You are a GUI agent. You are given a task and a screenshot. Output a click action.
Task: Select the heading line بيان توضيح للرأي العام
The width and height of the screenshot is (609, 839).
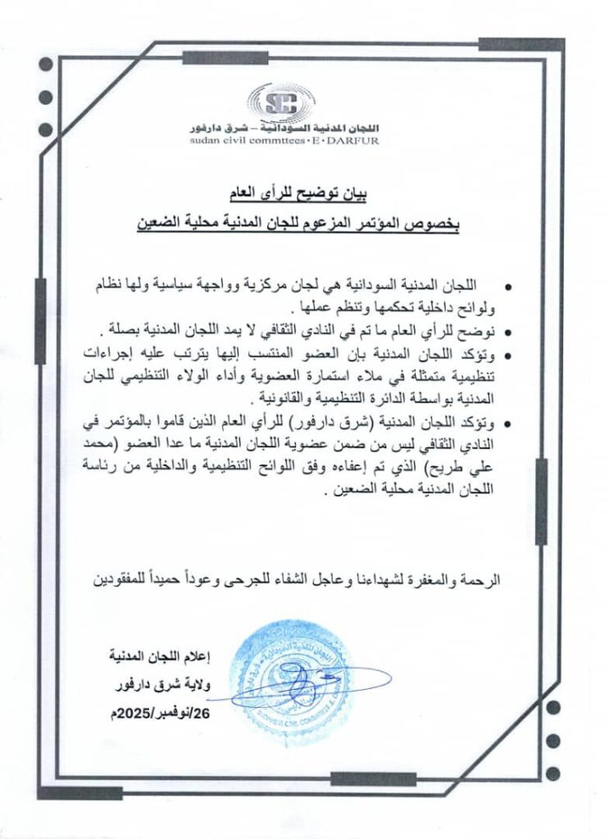click(297, 195)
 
